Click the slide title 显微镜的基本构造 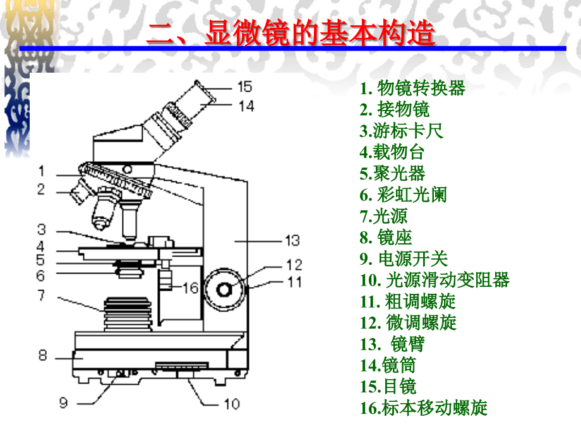point(290,34)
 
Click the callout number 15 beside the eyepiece point(244,87)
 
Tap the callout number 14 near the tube point(246,106)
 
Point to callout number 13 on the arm point(292,240)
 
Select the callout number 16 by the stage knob point(190,288)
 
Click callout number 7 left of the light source point(42,295)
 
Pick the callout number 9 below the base point(63,403)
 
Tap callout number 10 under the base point(232,403)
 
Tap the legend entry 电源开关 point(404,258)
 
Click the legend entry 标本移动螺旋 point(424,408)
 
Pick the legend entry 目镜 point(388,386)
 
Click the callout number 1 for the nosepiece point(41,171)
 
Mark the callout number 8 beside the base point(42,355)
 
